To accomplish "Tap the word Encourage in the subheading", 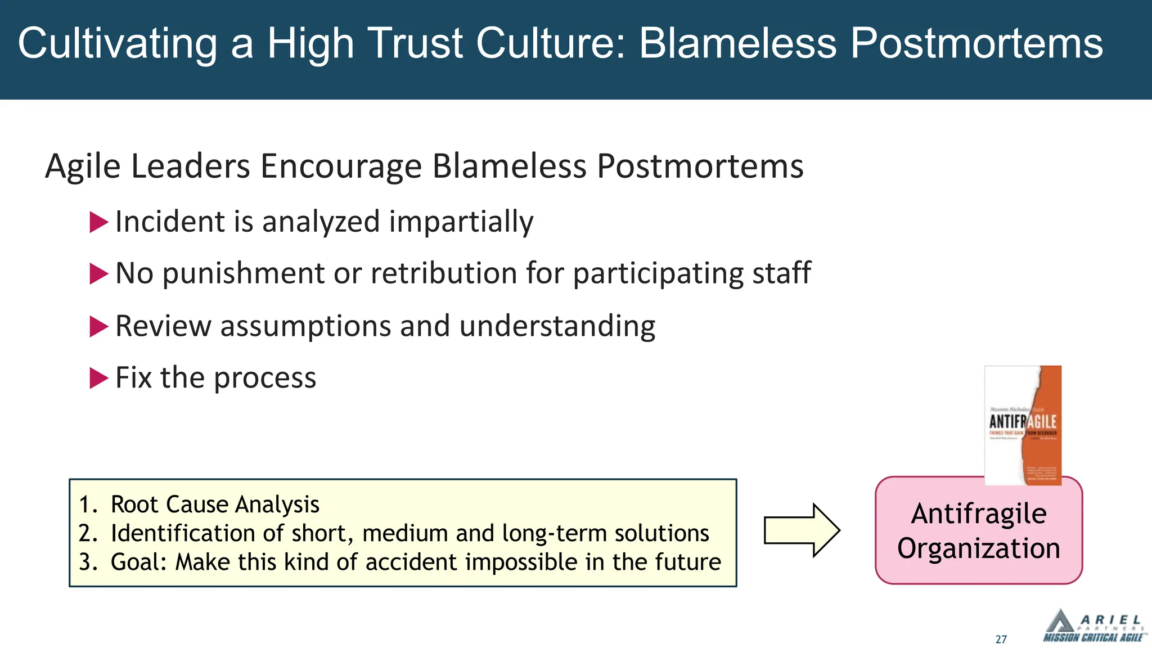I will [340, 166].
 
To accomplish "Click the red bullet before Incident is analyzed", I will [98, 222].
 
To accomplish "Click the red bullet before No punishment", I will [98, 274].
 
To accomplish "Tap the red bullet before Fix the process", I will [98, 378].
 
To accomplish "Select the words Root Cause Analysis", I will [215, 505].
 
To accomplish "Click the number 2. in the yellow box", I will [88, 533].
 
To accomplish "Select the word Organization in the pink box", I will [979, 548].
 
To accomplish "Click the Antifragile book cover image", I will [1023, 425].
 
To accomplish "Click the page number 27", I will [1001, 640].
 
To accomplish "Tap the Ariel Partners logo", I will [1093, 626].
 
